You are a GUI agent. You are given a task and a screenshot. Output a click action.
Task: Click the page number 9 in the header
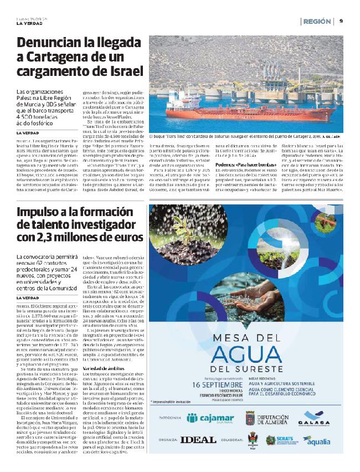pos(341,21)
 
